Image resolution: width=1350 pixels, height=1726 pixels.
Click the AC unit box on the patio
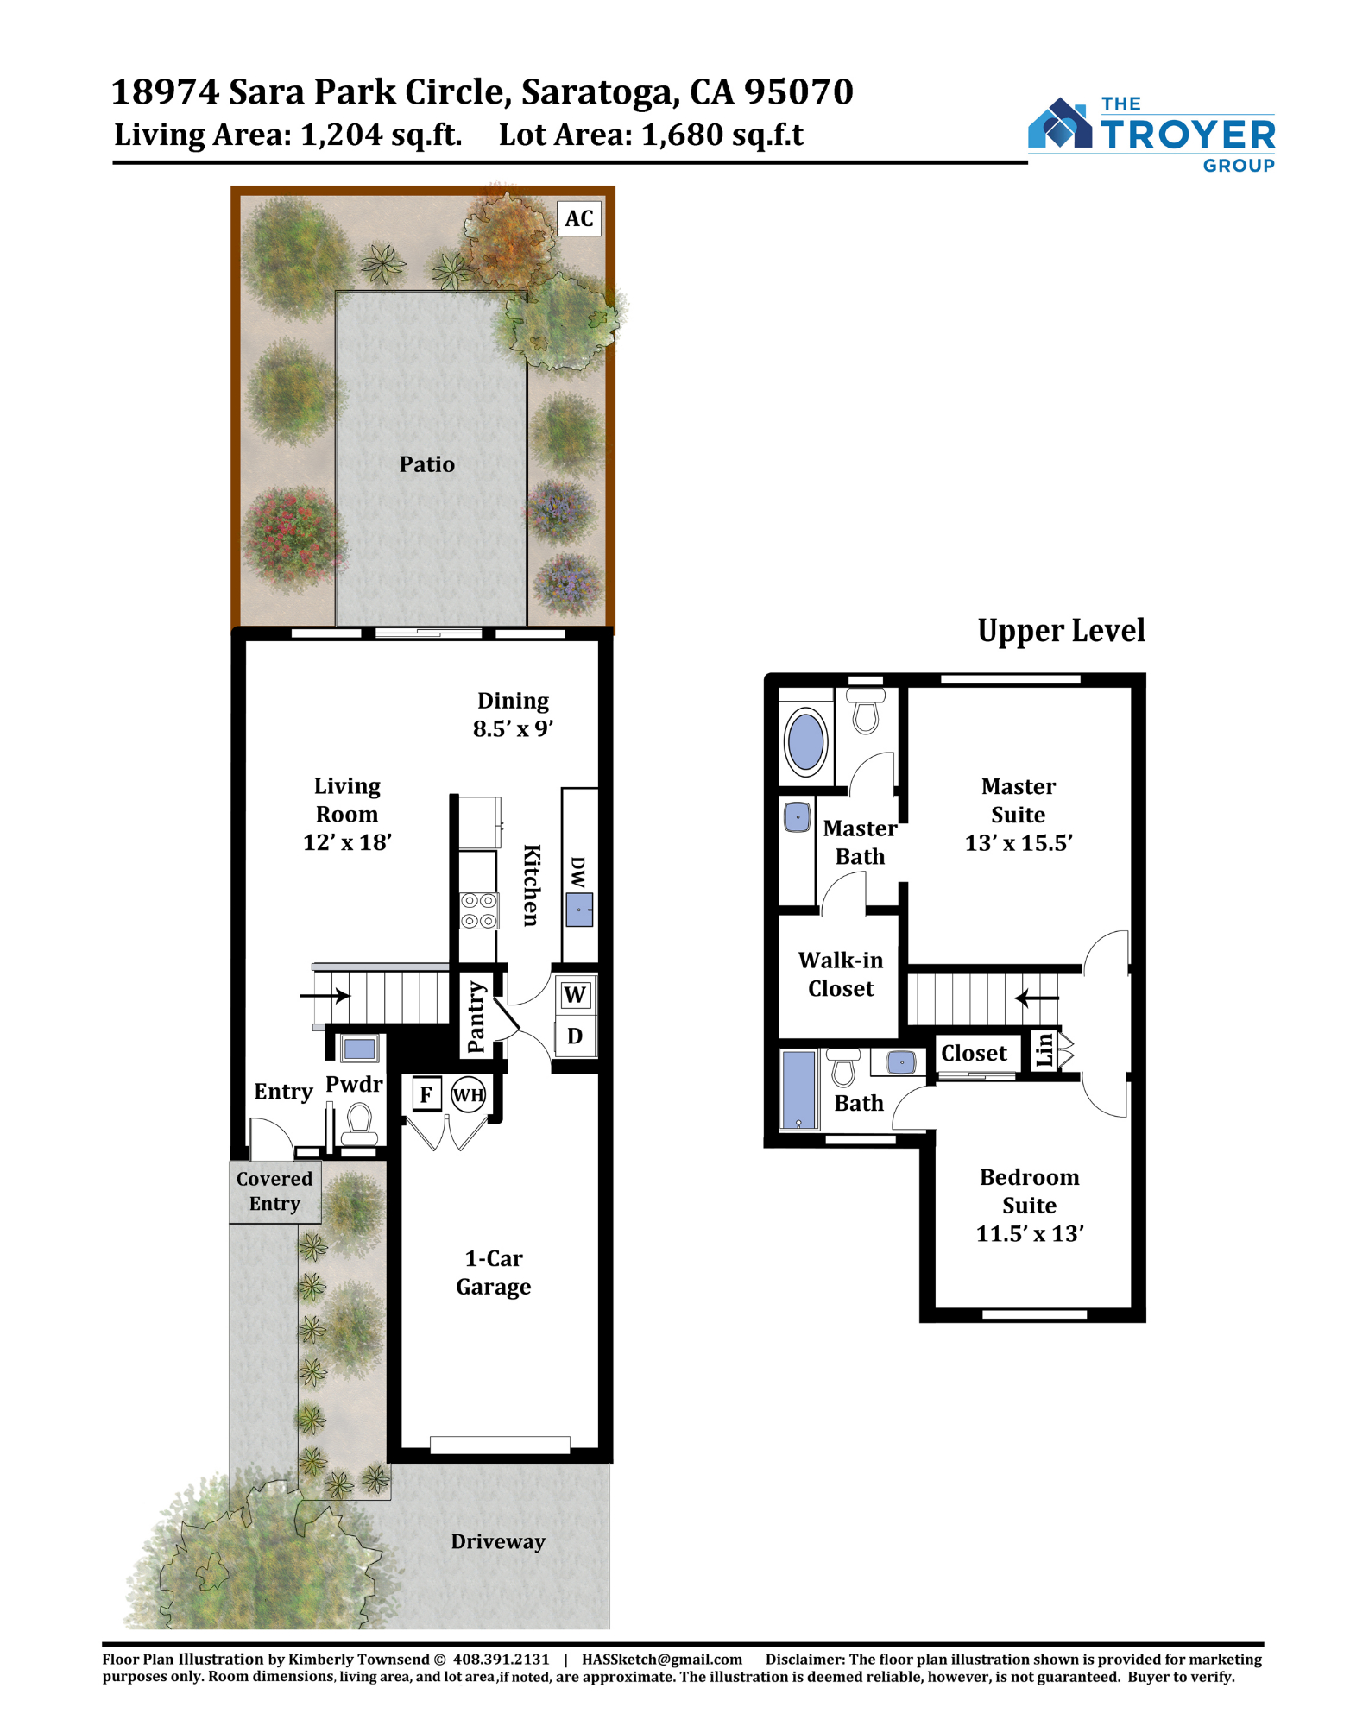(x=579, y=218)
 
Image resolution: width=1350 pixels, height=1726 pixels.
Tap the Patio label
(x=426, y=464)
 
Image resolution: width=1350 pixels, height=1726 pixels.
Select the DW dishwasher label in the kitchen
(x=578, y=872)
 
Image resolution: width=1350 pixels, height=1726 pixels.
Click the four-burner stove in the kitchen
(x=479, y=910)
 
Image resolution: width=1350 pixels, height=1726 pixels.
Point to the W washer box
(x=575, y=995)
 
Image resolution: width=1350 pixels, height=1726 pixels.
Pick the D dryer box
(x=575, y=1035)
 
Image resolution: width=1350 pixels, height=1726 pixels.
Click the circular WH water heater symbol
(x=468, y=1095)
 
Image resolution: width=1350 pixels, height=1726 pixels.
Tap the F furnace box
(x=426, y=1094)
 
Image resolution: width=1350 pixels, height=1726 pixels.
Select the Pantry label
(x=476, y=1017)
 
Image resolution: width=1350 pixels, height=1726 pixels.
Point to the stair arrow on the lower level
(x=325, y=995)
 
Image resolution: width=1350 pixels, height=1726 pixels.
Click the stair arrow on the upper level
(x=1036, y=998)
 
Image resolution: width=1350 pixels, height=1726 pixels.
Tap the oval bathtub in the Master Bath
(x=805, y=740)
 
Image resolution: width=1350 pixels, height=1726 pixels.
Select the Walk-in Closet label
(x=841, y=974)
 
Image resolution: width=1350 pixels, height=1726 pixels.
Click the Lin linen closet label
(x=1044, y=1049)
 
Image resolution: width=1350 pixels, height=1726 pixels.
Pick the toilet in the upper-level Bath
(x=843, y=1068)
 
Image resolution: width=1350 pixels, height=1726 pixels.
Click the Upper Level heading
(x=1061, y=631)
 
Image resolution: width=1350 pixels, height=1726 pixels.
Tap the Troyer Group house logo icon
(x=1060, y=123)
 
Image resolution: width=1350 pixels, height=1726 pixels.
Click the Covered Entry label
(x=274, y=1191)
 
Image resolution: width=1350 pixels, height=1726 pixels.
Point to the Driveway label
(x=498, y=1541)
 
